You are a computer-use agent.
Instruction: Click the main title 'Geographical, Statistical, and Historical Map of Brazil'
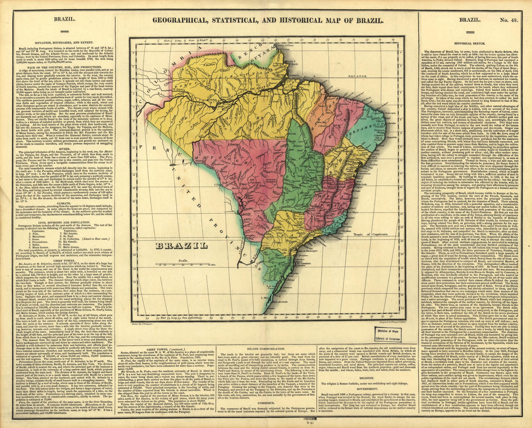pyautogui.click(x=266, y=20)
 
